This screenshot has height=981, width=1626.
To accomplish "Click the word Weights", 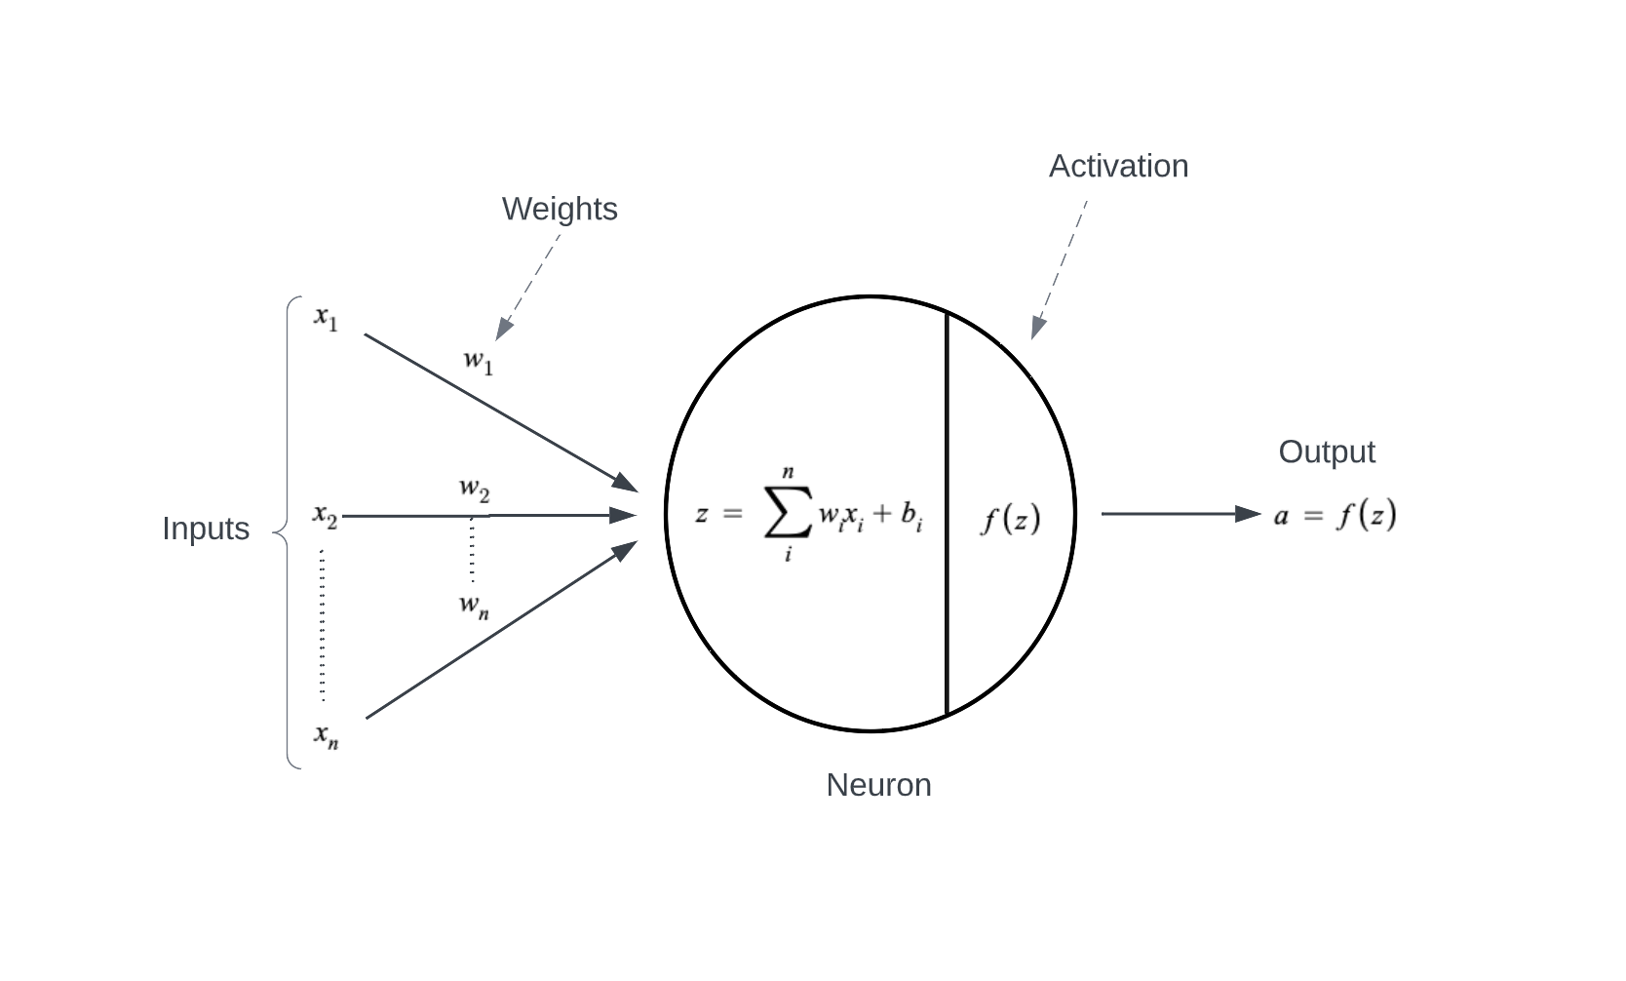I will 560,210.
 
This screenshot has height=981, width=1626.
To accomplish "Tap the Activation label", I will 1118,167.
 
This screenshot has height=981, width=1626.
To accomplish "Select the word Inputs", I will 206,529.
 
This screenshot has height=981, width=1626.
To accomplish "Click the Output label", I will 1327,452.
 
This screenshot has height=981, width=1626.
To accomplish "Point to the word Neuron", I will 878,785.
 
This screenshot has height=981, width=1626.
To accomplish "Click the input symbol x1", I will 326,318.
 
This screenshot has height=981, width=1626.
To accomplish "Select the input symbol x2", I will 325,516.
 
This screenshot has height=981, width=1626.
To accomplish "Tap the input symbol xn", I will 326,735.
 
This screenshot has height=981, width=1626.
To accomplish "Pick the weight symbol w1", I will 478,362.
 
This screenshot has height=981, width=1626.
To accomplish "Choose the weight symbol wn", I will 474,606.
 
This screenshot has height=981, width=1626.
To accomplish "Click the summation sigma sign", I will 788,515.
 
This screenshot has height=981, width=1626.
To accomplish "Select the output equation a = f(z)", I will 1335,515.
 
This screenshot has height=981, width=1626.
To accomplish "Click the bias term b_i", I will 911,516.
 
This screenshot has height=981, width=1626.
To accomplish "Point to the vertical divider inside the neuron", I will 947,585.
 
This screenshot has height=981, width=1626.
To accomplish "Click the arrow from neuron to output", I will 1180,514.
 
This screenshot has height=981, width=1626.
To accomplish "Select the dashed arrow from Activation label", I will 1060,268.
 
